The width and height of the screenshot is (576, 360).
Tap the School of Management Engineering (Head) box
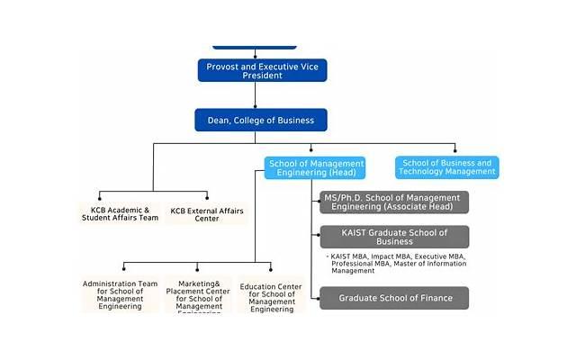(316, 167)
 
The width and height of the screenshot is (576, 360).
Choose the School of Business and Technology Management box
(446, 167)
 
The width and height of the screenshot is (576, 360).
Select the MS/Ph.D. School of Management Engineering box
(394, 202)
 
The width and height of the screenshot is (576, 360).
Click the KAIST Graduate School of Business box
(394, 237)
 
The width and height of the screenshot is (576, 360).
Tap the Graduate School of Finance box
(394, 298)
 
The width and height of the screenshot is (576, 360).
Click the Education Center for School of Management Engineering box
(269, 296)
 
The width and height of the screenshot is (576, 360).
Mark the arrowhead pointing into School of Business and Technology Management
(455, 151)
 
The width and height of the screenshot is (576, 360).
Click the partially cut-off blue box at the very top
(254, 44)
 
